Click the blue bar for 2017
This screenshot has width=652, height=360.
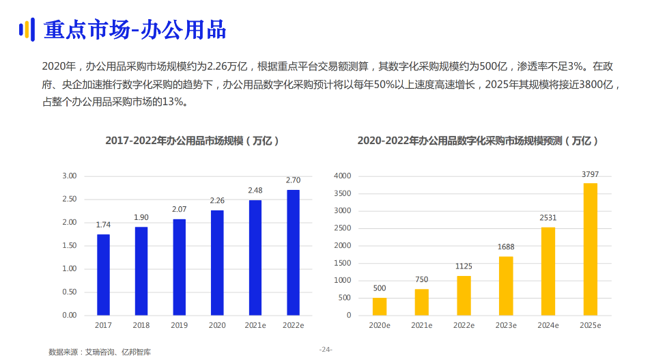[103, 275]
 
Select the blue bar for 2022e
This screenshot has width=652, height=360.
[293, 252]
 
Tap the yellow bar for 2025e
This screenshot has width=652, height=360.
[590, 249]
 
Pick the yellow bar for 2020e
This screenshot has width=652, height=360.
[380, 306]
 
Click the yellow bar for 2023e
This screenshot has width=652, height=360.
[506, 286]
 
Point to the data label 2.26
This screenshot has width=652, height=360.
[217, 201]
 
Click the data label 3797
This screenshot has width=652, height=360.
[590, 174]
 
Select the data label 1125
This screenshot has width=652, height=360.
[464, 266]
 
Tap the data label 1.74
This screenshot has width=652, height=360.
[103, 225]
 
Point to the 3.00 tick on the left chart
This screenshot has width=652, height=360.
[69, 176]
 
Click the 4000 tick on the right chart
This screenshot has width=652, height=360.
[342, 176]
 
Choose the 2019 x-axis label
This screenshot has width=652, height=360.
[180, 326]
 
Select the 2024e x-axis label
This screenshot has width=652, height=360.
[548, 326]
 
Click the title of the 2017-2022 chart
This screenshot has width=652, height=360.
[192, 141]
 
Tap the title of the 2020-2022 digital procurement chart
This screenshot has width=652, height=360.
[478, 141]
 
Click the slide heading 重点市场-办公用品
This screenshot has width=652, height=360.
[134, 30]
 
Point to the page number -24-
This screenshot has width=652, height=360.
[326, 350]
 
